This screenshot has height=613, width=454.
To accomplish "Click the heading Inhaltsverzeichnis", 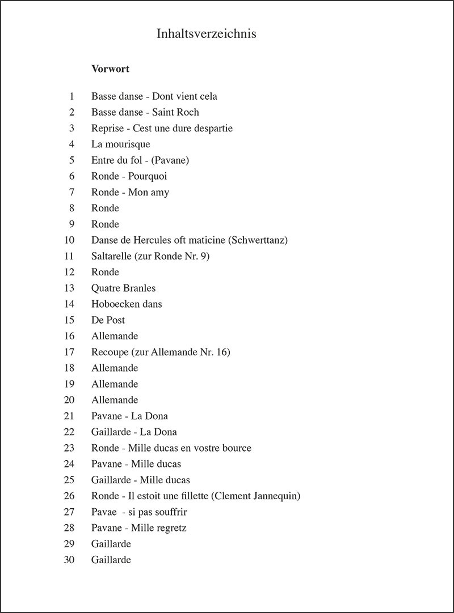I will (206, 34).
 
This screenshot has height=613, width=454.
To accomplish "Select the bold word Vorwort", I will (110, 69).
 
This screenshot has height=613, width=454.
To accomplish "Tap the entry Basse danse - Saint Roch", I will (145, 112).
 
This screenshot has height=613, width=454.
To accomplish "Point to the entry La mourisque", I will (120, 144).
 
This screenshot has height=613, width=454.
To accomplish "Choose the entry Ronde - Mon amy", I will (130, 192).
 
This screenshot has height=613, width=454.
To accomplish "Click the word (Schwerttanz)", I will (258, 240).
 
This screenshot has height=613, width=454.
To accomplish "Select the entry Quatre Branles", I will (123, 288).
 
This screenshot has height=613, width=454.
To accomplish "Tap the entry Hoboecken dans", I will (127, 304).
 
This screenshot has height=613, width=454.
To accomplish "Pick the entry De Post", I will (108, 320).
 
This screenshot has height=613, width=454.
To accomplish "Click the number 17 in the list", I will (69, 352).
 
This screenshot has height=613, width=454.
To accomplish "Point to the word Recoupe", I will (108, 352).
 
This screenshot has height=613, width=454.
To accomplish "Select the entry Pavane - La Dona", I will (129, 416).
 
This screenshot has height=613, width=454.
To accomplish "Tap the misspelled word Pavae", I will (104, 512).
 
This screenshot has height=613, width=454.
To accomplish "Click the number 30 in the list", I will (69, 560).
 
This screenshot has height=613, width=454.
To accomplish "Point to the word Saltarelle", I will (111, 256).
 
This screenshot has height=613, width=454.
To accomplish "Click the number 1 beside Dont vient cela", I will (72, 96).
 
